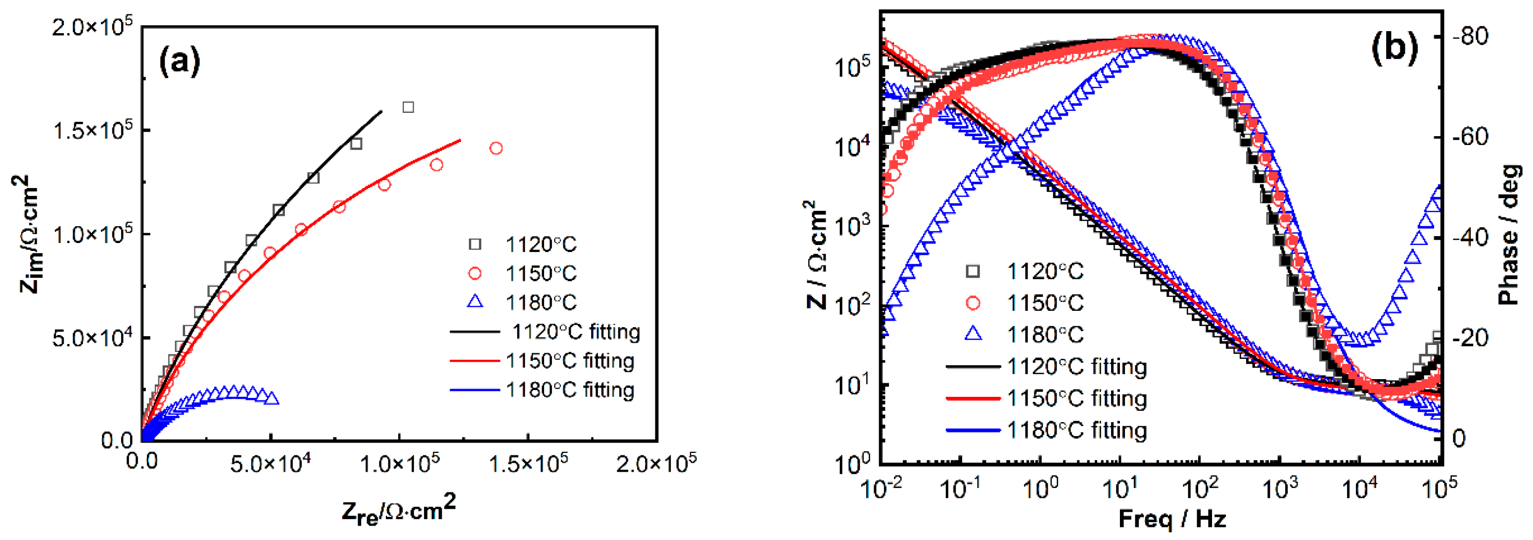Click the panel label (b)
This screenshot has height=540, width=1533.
[1394, 47]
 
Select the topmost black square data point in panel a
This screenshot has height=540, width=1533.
[408, 107]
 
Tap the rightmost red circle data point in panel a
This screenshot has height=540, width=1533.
[496, 148]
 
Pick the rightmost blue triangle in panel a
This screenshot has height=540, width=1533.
[272, 398]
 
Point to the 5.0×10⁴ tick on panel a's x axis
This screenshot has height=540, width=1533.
[271, 463]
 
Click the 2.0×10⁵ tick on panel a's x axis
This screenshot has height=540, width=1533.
[656, 463]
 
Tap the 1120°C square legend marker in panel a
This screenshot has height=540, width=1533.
[475, 244]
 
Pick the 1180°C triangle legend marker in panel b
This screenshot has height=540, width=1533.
[973, 334]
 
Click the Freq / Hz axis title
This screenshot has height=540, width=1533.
[1172, 519]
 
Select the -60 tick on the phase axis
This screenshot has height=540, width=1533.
[1470, 137]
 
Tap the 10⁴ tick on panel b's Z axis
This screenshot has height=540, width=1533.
[852, 146]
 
